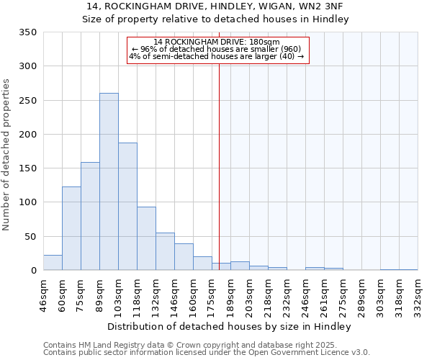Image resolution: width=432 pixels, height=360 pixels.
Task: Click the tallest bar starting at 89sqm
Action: [x=109, y=181]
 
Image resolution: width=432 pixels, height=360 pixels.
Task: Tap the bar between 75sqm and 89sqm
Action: [x=90, y=216]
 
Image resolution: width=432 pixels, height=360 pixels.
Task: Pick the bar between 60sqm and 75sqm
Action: [x=71, y=228]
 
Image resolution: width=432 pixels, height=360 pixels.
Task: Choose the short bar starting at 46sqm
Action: [x=53, y=263]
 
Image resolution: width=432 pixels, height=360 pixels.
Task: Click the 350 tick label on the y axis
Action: [x=28, y=32]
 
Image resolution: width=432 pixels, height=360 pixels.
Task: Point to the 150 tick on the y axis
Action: [x=28, y=168]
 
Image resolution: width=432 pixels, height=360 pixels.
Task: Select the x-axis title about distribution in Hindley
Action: [x=230, y=327]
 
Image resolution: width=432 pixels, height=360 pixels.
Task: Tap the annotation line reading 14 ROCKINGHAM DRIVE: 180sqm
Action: [x=217, y=42]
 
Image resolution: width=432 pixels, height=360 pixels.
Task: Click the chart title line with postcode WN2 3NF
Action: [x=216, y=6]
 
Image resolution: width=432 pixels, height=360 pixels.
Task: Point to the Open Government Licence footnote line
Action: [x=207, y=352]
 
